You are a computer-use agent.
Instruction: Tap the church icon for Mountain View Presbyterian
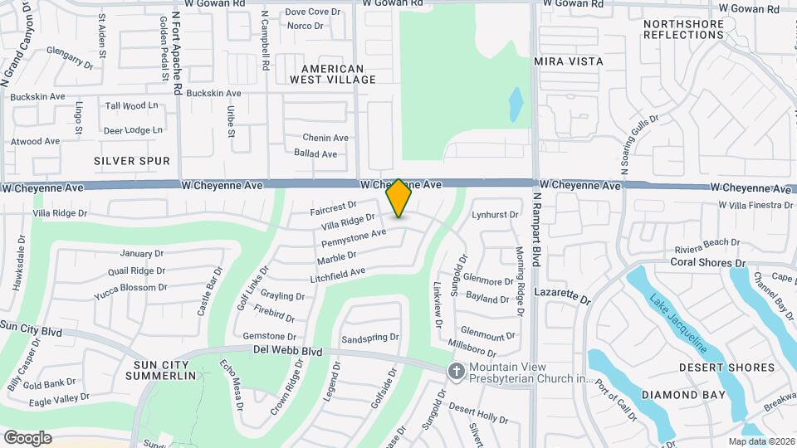(x=455, y=372)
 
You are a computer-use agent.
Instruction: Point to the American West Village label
(x=332, y=74)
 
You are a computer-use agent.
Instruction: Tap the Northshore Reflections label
(x=683, y=30)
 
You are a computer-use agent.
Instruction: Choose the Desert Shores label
(x=726, y=368)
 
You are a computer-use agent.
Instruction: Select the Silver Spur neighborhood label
(x=132, y=161)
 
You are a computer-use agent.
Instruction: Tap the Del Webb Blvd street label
(x=287, y=352)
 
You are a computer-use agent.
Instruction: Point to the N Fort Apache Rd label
(x=178, y=48)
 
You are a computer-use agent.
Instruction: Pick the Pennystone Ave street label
(x=354, y=240)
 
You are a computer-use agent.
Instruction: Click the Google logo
(x=27, y=438)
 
